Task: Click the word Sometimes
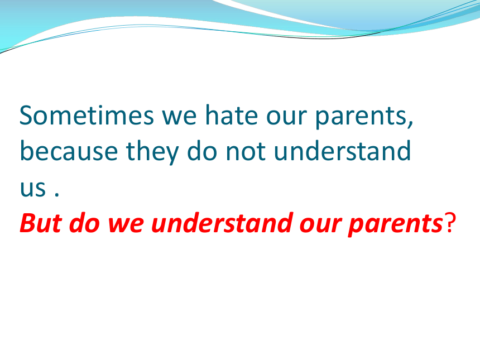click(x=87, y=115)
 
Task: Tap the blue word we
click(x=179, y=118)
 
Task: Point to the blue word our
click(x=286, y=118)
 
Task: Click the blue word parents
click(x=361, y=118)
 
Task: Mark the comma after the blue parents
click(x=410, y=124)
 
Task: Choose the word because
click(x=69, y=151)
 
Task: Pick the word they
click(x=152, y=152)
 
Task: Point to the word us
click(x=33, y=188)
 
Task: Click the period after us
click(x=56, y=194)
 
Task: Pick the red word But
click(x=41, y=223)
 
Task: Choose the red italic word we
click(x=126, y=225)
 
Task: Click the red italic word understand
click(x=222, y=222)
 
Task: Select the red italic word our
click(x=320, y=225)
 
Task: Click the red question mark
click(x=450, y=223)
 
